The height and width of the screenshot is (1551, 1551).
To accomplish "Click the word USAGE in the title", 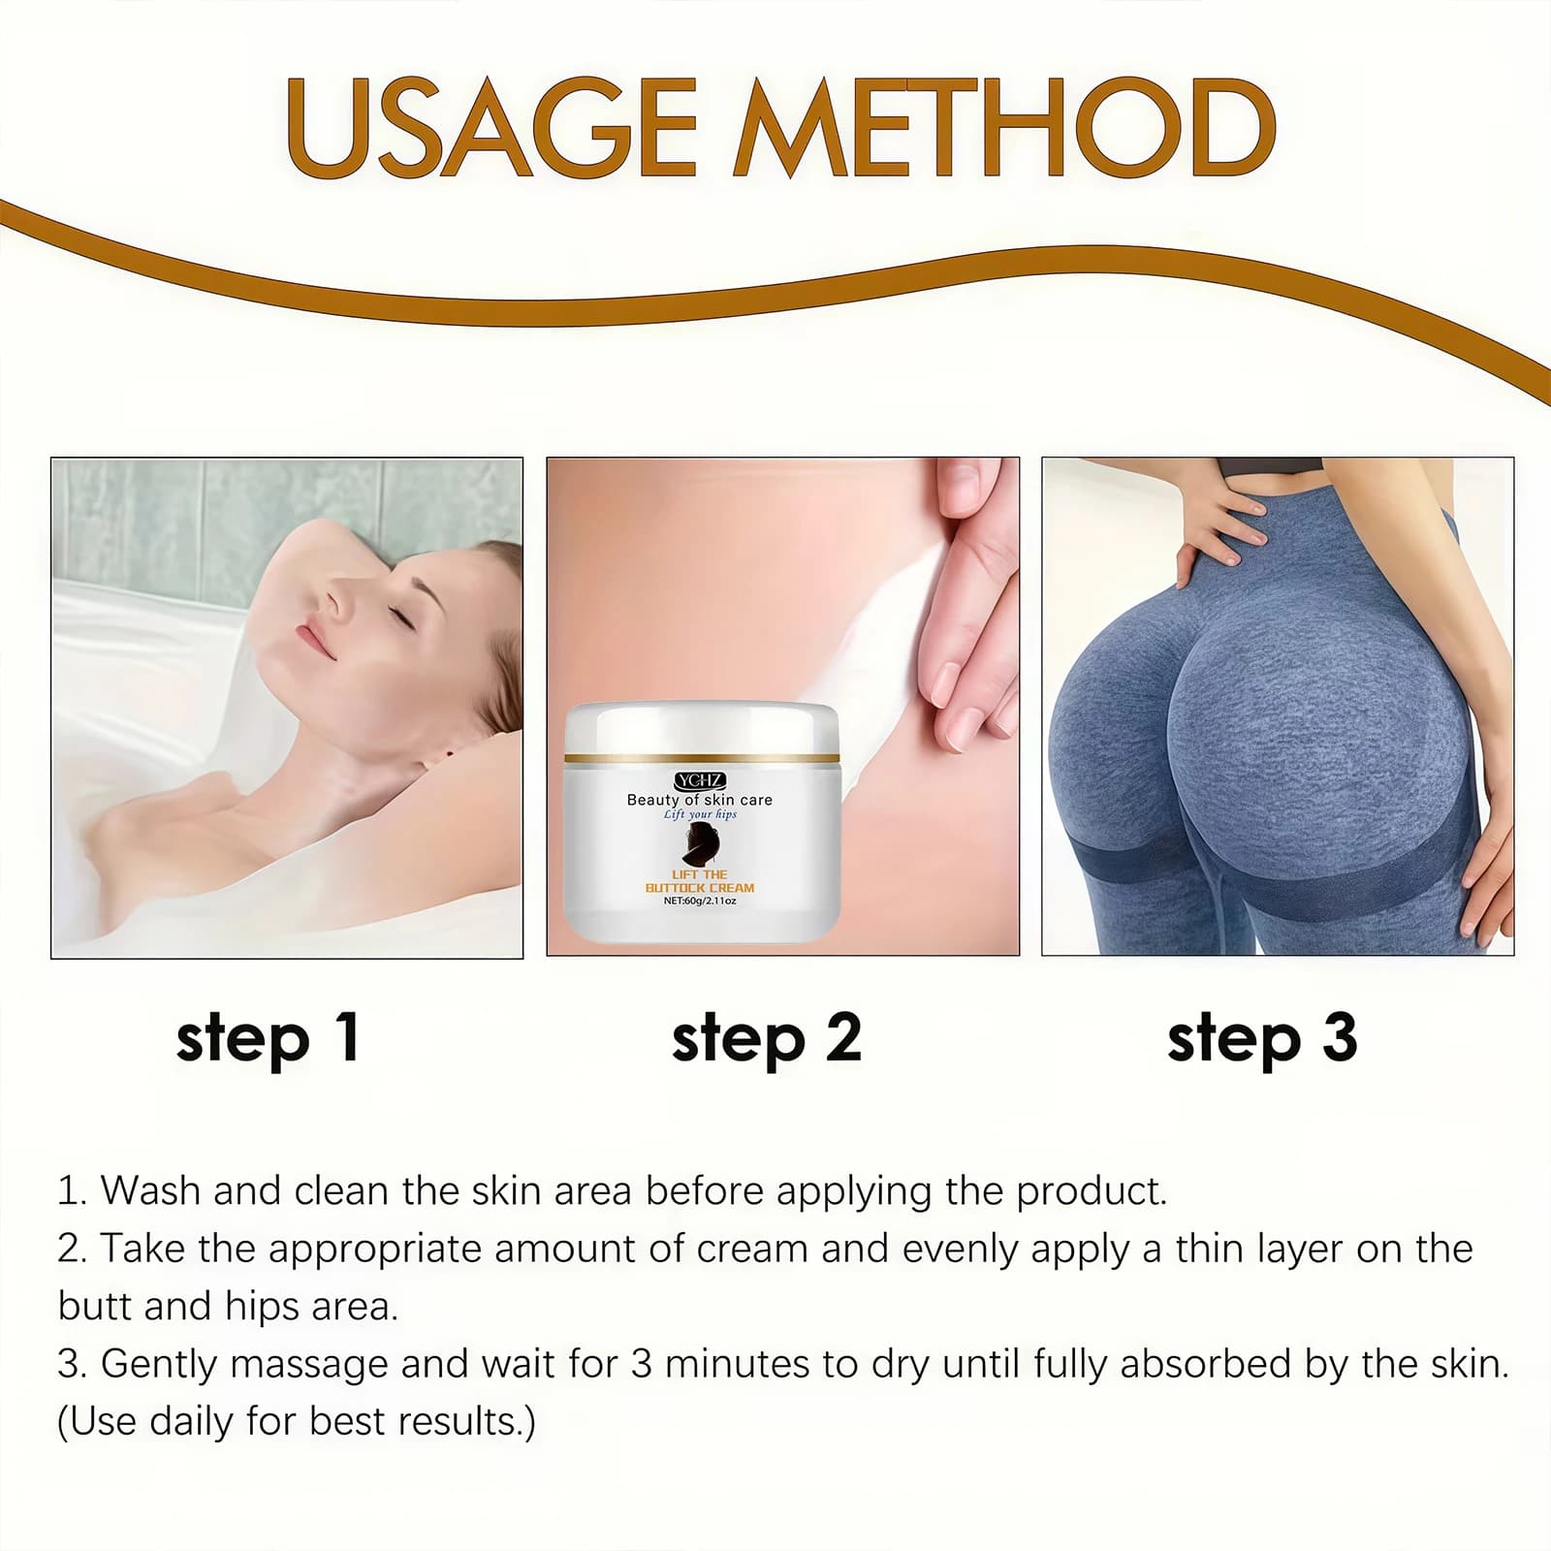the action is [x=491, y=127].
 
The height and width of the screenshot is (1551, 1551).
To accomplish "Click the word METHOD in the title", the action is [x=1003, y=127].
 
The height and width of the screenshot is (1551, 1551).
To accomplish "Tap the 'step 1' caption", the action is [x=268, y=1038].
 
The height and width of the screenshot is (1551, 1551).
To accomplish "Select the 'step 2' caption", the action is [x=766, y=1038].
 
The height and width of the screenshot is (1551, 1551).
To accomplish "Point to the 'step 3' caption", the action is [x=1262, y=1038].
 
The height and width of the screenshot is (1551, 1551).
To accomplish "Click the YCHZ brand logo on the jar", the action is [x=700, y=781].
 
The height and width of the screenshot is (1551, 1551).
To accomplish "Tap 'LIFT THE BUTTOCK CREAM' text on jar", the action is [x=700, y=881].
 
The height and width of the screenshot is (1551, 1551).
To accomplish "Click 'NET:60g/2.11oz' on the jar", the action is [x=700, y=902].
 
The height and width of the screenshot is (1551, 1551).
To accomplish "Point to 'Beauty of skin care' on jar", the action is [x=700, y=800].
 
